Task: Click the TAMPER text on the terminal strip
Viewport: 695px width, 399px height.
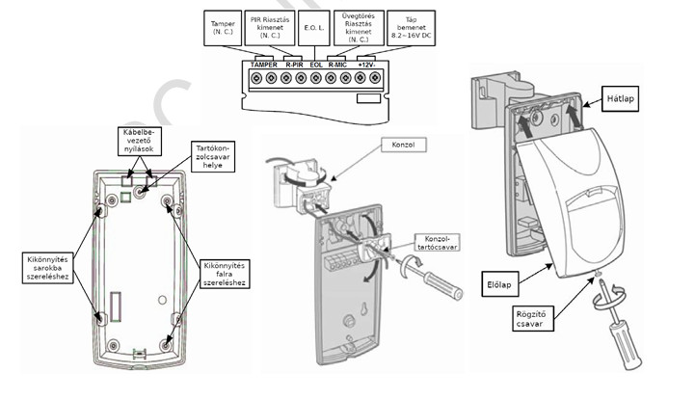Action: [x=263, y=65]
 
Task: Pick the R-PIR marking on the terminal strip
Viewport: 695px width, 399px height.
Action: [x=296, y=65]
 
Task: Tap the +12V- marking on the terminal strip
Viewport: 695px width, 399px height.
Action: [x=369, y=65]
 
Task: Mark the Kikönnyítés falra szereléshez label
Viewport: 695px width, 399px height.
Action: [x=225, y=274]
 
